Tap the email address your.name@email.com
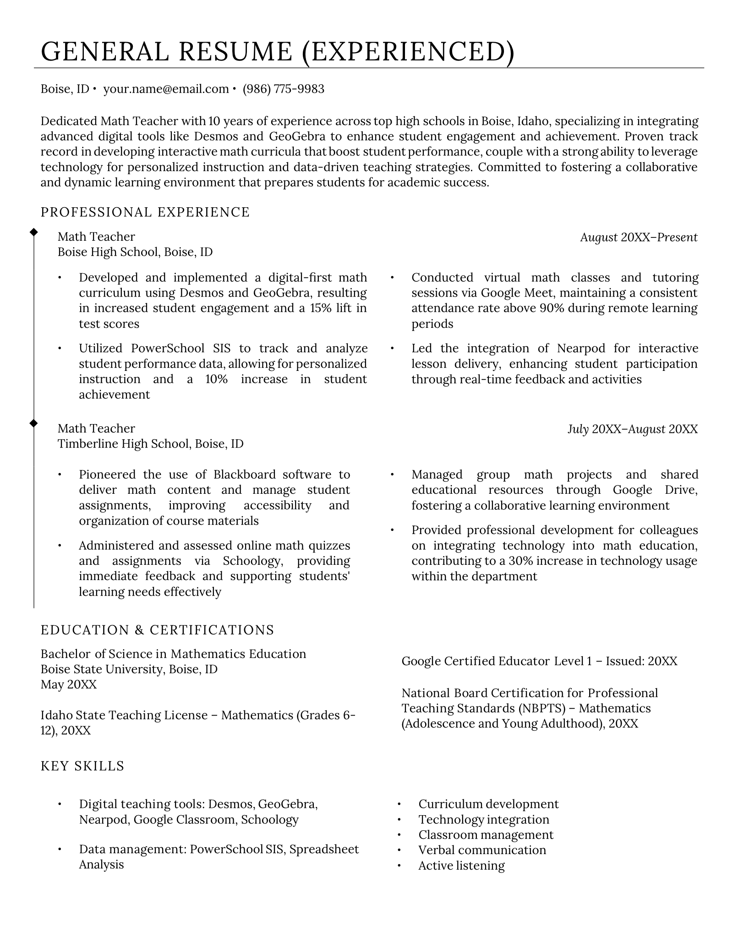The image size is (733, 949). tap(166, 89)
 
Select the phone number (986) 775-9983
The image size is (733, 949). tap(283, 89)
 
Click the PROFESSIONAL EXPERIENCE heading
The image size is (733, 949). tap(145, 212)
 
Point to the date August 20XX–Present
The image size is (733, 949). tap(639, 237)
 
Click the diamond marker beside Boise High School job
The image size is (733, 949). tap(33, 232)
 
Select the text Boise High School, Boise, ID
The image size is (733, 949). tap(135, 252)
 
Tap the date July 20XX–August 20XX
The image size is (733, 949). tap(632, 429)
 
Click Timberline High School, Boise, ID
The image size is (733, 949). tap(150, 444)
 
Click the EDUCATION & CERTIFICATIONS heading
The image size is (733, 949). tap(157, 630)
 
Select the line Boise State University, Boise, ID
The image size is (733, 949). tap(129, 669)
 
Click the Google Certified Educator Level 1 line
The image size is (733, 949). tap(539, 661)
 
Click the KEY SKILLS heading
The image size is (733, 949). tap(82, 766)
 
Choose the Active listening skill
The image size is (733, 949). tap(461, 866)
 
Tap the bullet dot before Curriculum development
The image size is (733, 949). tap(399, 805)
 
